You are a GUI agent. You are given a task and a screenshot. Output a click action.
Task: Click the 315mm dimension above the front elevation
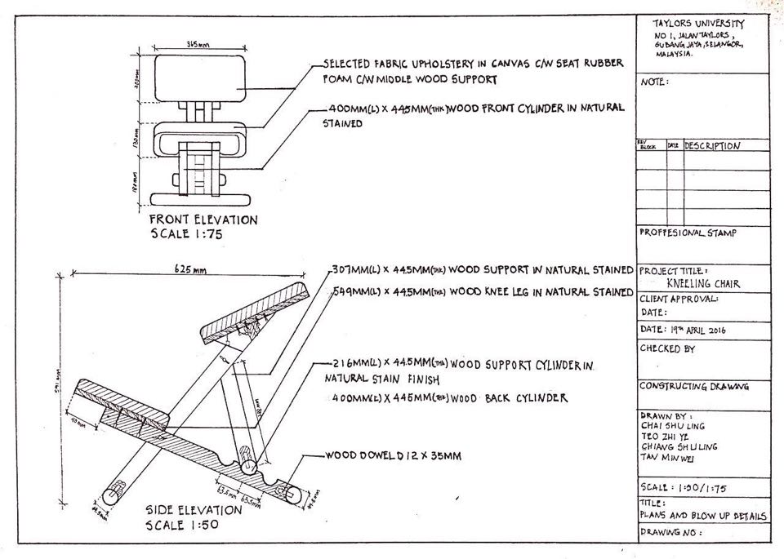point(194,44)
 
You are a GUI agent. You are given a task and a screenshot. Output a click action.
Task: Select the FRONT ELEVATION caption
point(203,220)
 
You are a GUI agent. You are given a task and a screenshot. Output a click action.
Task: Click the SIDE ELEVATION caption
point(194,510)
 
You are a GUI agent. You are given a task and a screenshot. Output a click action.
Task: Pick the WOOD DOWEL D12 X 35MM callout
point(394,456)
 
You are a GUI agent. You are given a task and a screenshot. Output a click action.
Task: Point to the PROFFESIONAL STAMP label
point(688,233)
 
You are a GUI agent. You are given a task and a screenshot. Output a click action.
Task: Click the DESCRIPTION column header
point(712,146)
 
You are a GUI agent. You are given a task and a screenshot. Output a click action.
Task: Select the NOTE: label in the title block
point(655,82)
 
